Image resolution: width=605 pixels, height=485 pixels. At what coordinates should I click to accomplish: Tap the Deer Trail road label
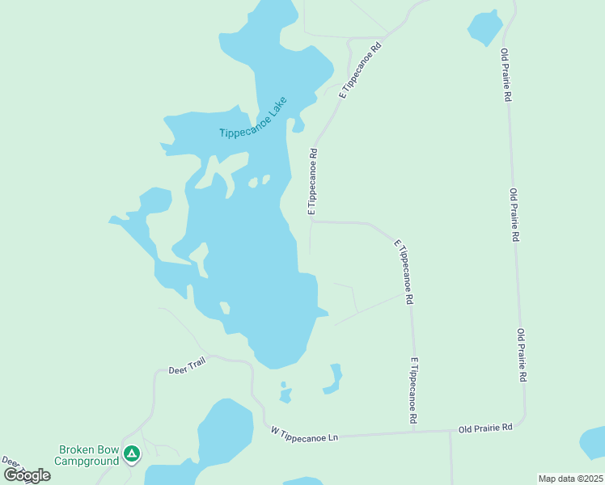(187, 366)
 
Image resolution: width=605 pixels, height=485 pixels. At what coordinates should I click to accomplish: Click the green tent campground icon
(132, 455)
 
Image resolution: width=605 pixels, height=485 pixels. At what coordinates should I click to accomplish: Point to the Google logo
(27, 475)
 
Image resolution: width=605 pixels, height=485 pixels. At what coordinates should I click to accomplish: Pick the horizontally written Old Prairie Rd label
(485, 428)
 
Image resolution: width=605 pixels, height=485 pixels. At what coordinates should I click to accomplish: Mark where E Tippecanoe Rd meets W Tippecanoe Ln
(414, 430)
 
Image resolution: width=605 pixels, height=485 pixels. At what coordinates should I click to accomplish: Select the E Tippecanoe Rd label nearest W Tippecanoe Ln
(414, 391)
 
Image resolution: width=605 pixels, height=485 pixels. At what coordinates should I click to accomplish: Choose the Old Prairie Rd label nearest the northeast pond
(506, 74)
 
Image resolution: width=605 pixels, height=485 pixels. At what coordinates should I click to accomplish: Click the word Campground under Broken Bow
(86, 461)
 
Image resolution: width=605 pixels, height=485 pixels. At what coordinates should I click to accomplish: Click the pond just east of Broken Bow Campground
(225, 432)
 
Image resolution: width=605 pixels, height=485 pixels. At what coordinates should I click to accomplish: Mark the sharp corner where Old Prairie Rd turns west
(523, 421)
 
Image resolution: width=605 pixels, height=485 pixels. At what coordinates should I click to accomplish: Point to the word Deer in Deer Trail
(177, 370)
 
